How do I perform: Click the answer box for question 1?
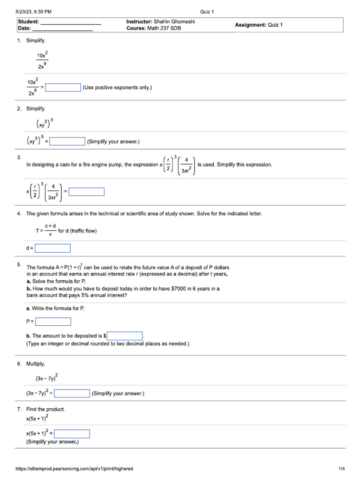(63, 88)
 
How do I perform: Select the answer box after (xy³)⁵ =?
(67, 142)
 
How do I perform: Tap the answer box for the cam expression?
(87, 192)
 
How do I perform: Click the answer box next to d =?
(52, 248)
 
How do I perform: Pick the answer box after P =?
(53, 322)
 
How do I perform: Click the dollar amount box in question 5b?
(125, 336)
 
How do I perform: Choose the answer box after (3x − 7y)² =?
(72, 394)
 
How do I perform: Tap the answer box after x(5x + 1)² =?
(72, 434)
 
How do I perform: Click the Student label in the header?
(29, 22)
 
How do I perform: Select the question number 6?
(19, 364)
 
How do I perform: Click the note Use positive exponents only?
(117, 88)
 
